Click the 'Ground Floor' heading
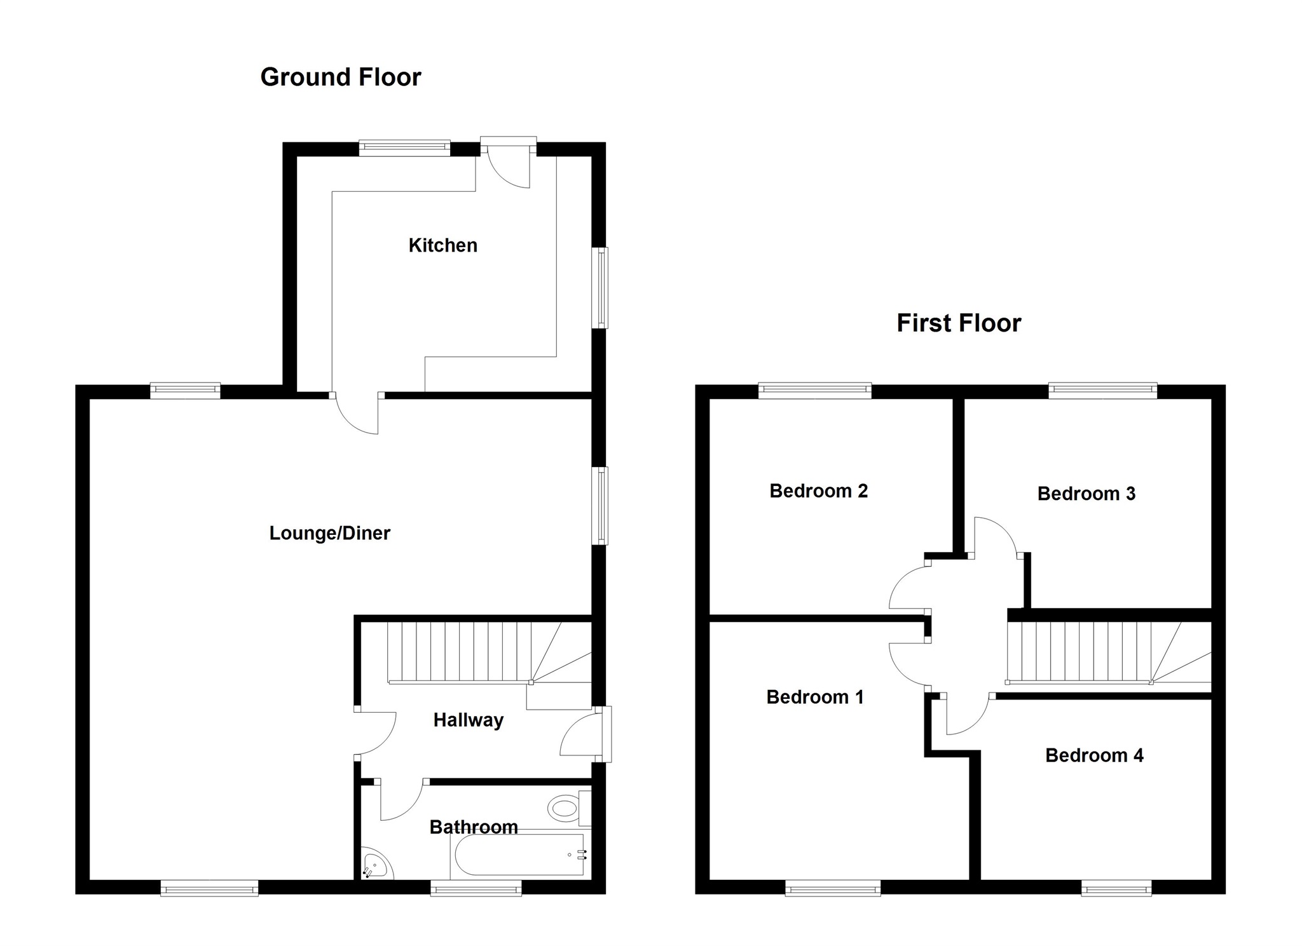coord(340,78)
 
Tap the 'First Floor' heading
coord(958,323)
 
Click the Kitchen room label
coord(442,245)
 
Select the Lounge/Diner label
coord(329,533)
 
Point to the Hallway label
coord(468,720)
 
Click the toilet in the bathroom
coord(564,809)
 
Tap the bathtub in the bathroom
coord(518,855)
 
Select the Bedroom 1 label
coord(814,697)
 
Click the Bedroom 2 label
coord(818,491)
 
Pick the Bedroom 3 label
coord(1086,494)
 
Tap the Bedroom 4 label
coord(1093,755)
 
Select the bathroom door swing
coord(399,801)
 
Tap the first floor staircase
coord(1093,652)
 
